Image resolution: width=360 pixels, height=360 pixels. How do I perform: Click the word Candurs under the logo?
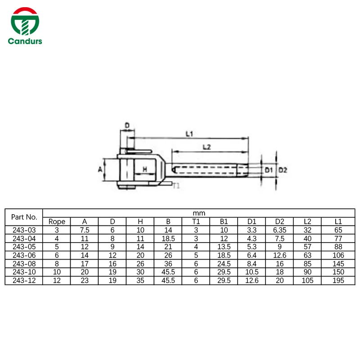25,41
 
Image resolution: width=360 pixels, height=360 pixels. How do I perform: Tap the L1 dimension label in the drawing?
189,134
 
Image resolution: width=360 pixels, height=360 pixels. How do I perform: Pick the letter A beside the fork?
100,169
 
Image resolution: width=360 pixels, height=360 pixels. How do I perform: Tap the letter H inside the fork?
145,169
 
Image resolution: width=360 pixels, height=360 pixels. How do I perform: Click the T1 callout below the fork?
176,185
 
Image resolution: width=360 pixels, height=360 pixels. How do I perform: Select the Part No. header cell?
24,217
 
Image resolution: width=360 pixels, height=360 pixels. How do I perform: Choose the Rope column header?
57,221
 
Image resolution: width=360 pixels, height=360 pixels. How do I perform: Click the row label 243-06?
24,255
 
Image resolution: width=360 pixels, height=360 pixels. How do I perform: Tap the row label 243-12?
24,280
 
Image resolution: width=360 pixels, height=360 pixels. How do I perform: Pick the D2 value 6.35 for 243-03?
279,229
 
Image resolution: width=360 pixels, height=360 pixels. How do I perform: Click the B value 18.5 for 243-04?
168,238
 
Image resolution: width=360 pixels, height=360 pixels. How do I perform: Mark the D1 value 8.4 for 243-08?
252,264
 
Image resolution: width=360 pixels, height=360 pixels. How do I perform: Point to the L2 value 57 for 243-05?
307,247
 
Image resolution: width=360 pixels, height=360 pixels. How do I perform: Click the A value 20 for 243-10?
85,272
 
